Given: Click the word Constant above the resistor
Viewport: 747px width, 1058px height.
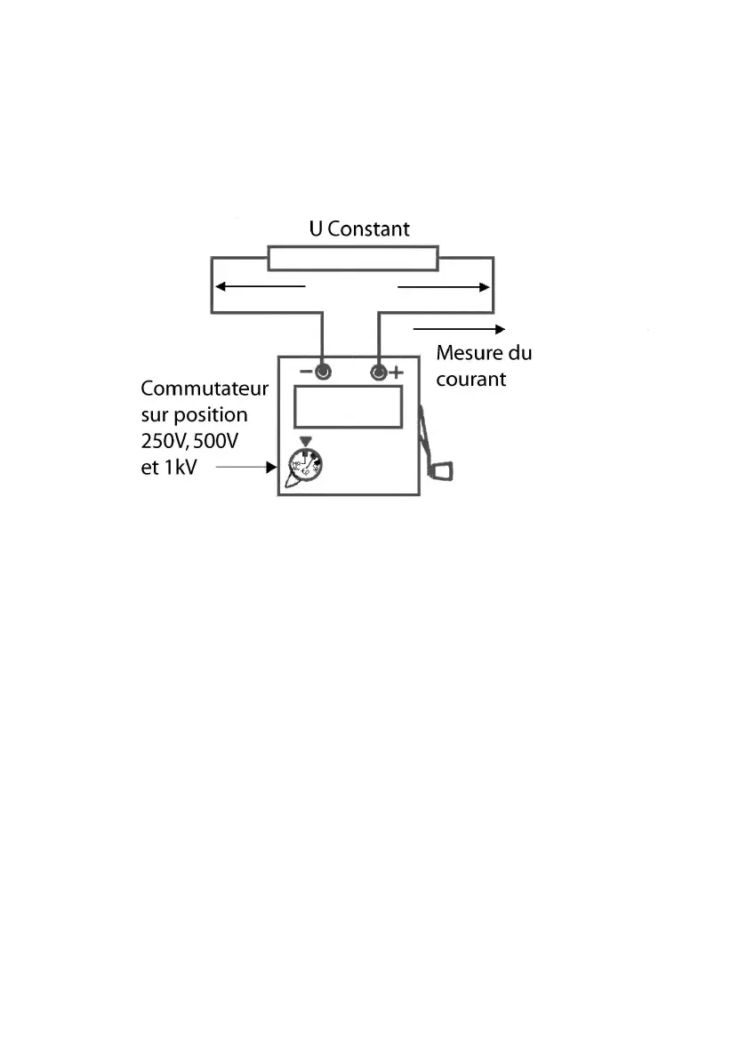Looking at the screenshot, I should click(369, 228).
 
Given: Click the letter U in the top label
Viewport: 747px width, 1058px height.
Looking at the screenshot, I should click(315, 228).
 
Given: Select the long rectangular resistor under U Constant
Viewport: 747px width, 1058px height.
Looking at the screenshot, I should click(353, 259).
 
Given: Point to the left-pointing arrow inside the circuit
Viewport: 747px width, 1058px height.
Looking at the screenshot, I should click(261, 286).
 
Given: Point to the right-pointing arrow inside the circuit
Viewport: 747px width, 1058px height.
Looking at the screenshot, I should click(444, 286).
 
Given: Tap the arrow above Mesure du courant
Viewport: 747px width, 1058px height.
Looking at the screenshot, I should click(459, 328).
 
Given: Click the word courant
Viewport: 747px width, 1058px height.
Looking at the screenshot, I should click(470, 379).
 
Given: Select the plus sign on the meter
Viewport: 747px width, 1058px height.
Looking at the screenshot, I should click(396, 372).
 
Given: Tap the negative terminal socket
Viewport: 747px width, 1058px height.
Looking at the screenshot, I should click(323, 372).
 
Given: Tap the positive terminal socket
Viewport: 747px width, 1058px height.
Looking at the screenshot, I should click(378, 372).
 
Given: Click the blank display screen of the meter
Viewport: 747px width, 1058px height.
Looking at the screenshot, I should click(349, 407).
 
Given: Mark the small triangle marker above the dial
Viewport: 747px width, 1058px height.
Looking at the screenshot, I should click(307, 441).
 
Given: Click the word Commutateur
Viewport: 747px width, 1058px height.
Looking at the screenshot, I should click(205, 389).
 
